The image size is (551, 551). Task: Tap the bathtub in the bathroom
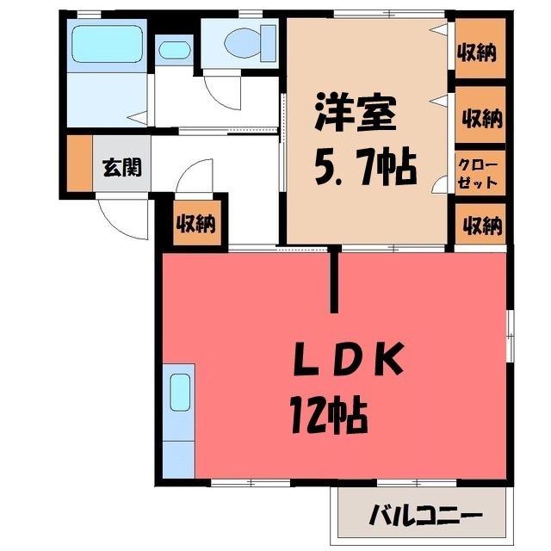tap(107, 44)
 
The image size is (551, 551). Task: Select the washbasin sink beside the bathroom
tap(174, 50)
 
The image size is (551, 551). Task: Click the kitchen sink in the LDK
tap(180, 393)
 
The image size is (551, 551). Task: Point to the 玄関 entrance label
tap(122, 167)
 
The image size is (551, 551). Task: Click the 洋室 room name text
tap(356, 113)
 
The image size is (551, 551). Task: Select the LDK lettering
tap(348, 360)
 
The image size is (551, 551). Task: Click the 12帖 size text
tap(329, 415)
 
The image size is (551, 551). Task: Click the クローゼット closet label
tap(478, 174)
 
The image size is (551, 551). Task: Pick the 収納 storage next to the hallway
tap(197, 223)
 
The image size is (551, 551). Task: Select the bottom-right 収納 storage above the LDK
tap(480, 224)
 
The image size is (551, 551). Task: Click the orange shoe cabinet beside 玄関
tap(80, 164)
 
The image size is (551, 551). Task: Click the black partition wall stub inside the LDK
tap(336, 279)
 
